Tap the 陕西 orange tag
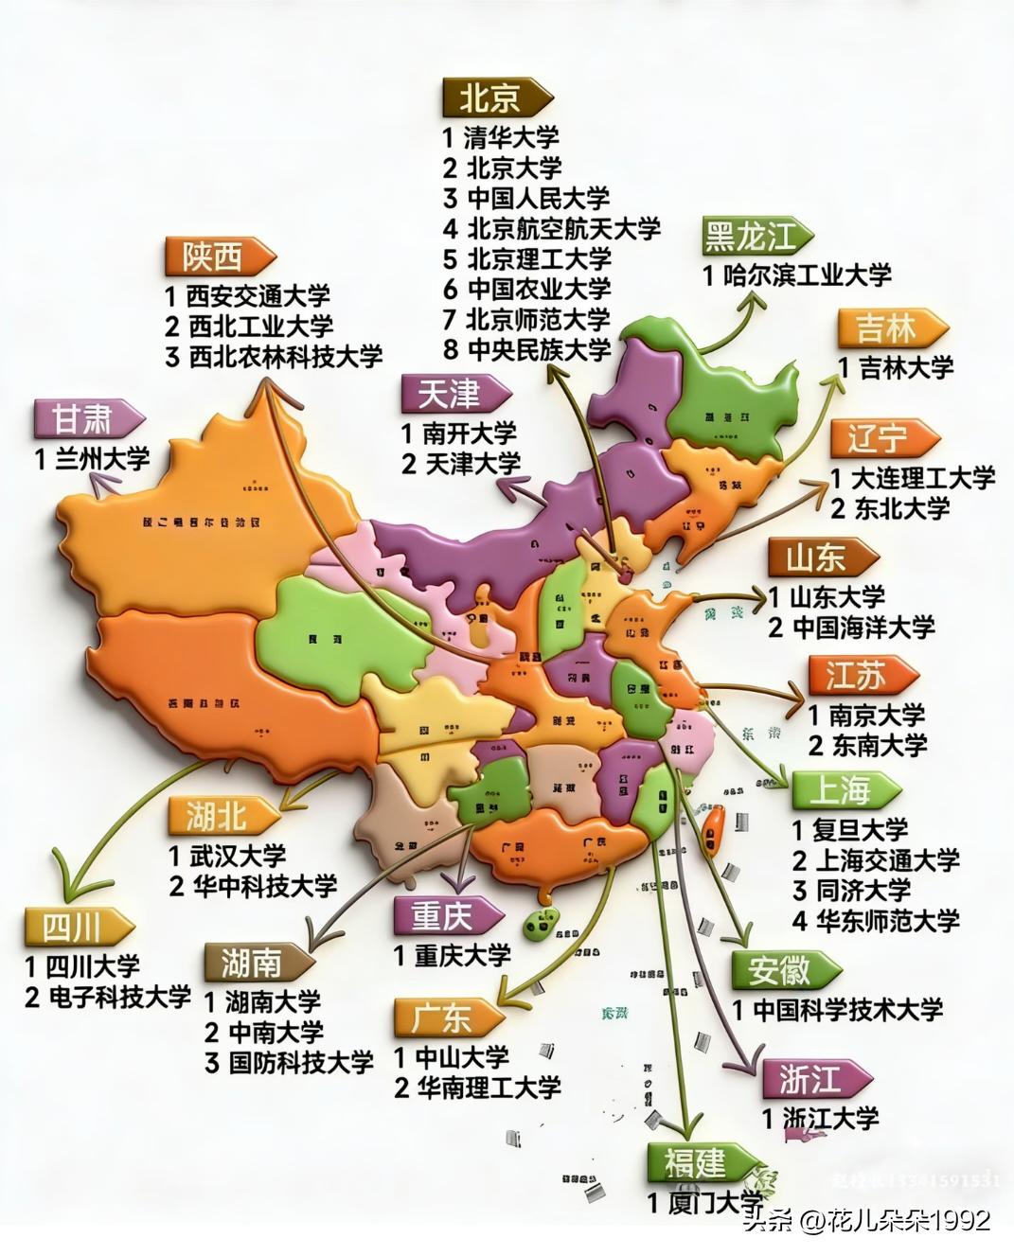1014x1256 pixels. (x=217, y=256)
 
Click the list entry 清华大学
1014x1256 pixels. (x=512, y=137)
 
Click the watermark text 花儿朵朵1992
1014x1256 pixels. (x=910, y=1220)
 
